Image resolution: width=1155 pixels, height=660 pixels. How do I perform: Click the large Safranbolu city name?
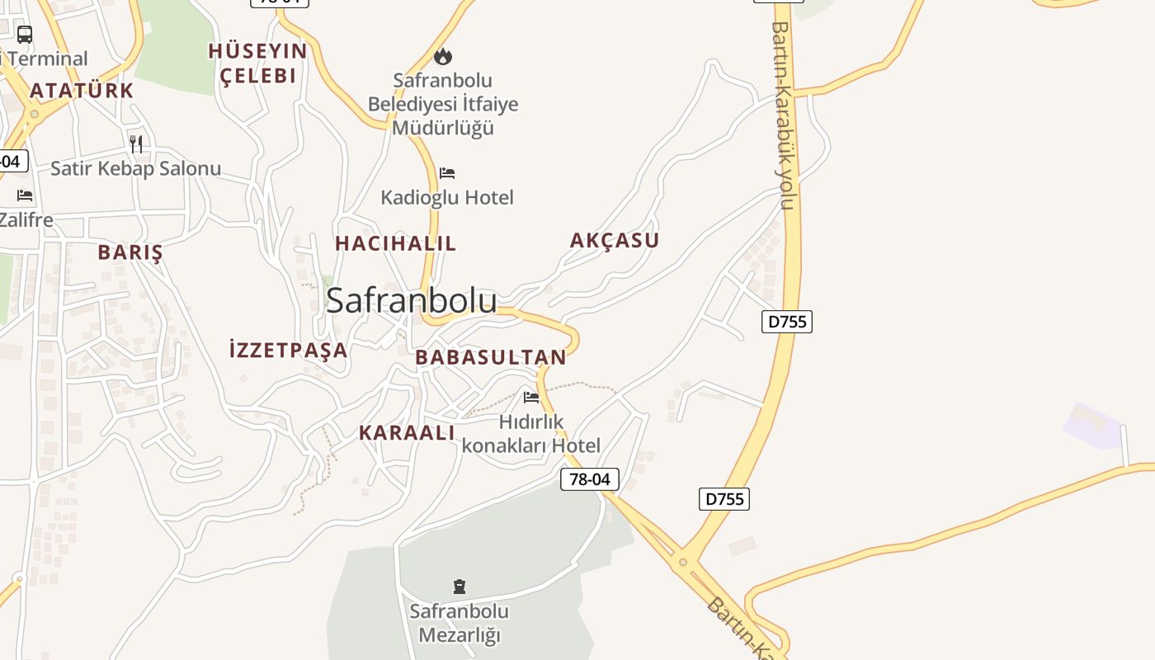[412, 301]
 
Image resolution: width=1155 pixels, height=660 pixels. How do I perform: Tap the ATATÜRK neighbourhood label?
[82, 91]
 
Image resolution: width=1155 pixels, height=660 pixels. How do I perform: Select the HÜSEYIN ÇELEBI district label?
[257, 64]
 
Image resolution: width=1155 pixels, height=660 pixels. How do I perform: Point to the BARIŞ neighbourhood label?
[130, 252]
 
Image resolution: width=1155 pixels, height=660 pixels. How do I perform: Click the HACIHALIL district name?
[395, 243]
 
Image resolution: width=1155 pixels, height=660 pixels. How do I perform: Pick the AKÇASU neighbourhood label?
[615, 241]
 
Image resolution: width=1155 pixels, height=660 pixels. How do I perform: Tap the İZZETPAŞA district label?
[288, 350]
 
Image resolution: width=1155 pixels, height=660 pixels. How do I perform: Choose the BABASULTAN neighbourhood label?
[491, 357]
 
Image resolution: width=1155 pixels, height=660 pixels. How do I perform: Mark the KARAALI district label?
[407, 433]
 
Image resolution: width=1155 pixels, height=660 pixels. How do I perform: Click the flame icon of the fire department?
[443, 56]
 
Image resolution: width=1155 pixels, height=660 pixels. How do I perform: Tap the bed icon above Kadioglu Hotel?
[447, 173]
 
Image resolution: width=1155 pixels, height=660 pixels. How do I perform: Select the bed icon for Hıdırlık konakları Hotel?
[531, 398]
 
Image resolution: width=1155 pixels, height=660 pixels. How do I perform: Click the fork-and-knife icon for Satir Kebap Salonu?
[136, 144]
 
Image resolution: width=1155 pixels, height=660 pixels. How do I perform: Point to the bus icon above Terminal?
[25, 35]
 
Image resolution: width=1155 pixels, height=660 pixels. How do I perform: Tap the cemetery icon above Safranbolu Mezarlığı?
[460, 587]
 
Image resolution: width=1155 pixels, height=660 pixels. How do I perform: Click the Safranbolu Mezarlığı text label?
[460, 624]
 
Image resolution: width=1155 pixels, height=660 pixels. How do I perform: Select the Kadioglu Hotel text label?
[447, 198]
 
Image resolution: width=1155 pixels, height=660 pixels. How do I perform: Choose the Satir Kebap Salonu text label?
[136, 169]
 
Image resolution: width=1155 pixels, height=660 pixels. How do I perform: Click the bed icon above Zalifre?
[25, 196]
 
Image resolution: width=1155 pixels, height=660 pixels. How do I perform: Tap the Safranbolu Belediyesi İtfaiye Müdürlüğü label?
[443, 104]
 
